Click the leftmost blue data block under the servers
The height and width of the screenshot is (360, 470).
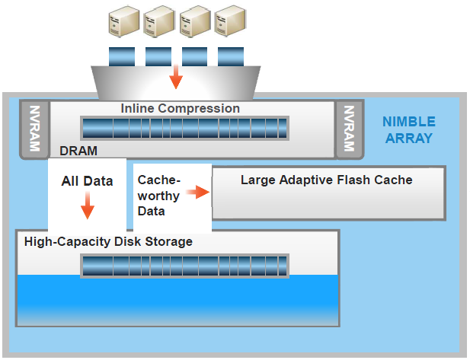122,56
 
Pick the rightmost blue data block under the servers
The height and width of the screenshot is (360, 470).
230,56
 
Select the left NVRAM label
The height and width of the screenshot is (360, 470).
33,128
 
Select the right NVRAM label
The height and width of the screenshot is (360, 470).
350,128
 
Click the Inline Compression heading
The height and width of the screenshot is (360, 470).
181,108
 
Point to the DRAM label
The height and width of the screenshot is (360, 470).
78,151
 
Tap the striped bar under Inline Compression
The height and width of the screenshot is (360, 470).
184,128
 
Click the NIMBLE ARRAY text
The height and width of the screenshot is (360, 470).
409,130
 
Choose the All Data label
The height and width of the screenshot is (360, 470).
87,181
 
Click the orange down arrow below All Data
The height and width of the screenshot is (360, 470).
88,205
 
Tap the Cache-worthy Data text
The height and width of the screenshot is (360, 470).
158,195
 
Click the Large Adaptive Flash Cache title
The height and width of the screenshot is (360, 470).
326,180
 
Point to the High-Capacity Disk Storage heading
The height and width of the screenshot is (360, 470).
108,242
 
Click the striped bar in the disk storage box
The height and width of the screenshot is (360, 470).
184,266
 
